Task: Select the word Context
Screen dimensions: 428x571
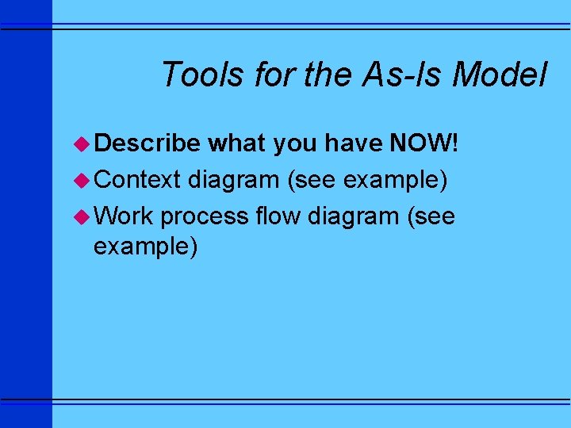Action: coord(138,181)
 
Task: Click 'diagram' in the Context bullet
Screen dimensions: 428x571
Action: coord(234,181)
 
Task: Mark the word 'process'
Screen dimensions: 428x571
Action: coord(205,216)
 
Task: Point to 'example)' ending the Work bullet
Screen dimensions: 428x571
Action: coord(145,247)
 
